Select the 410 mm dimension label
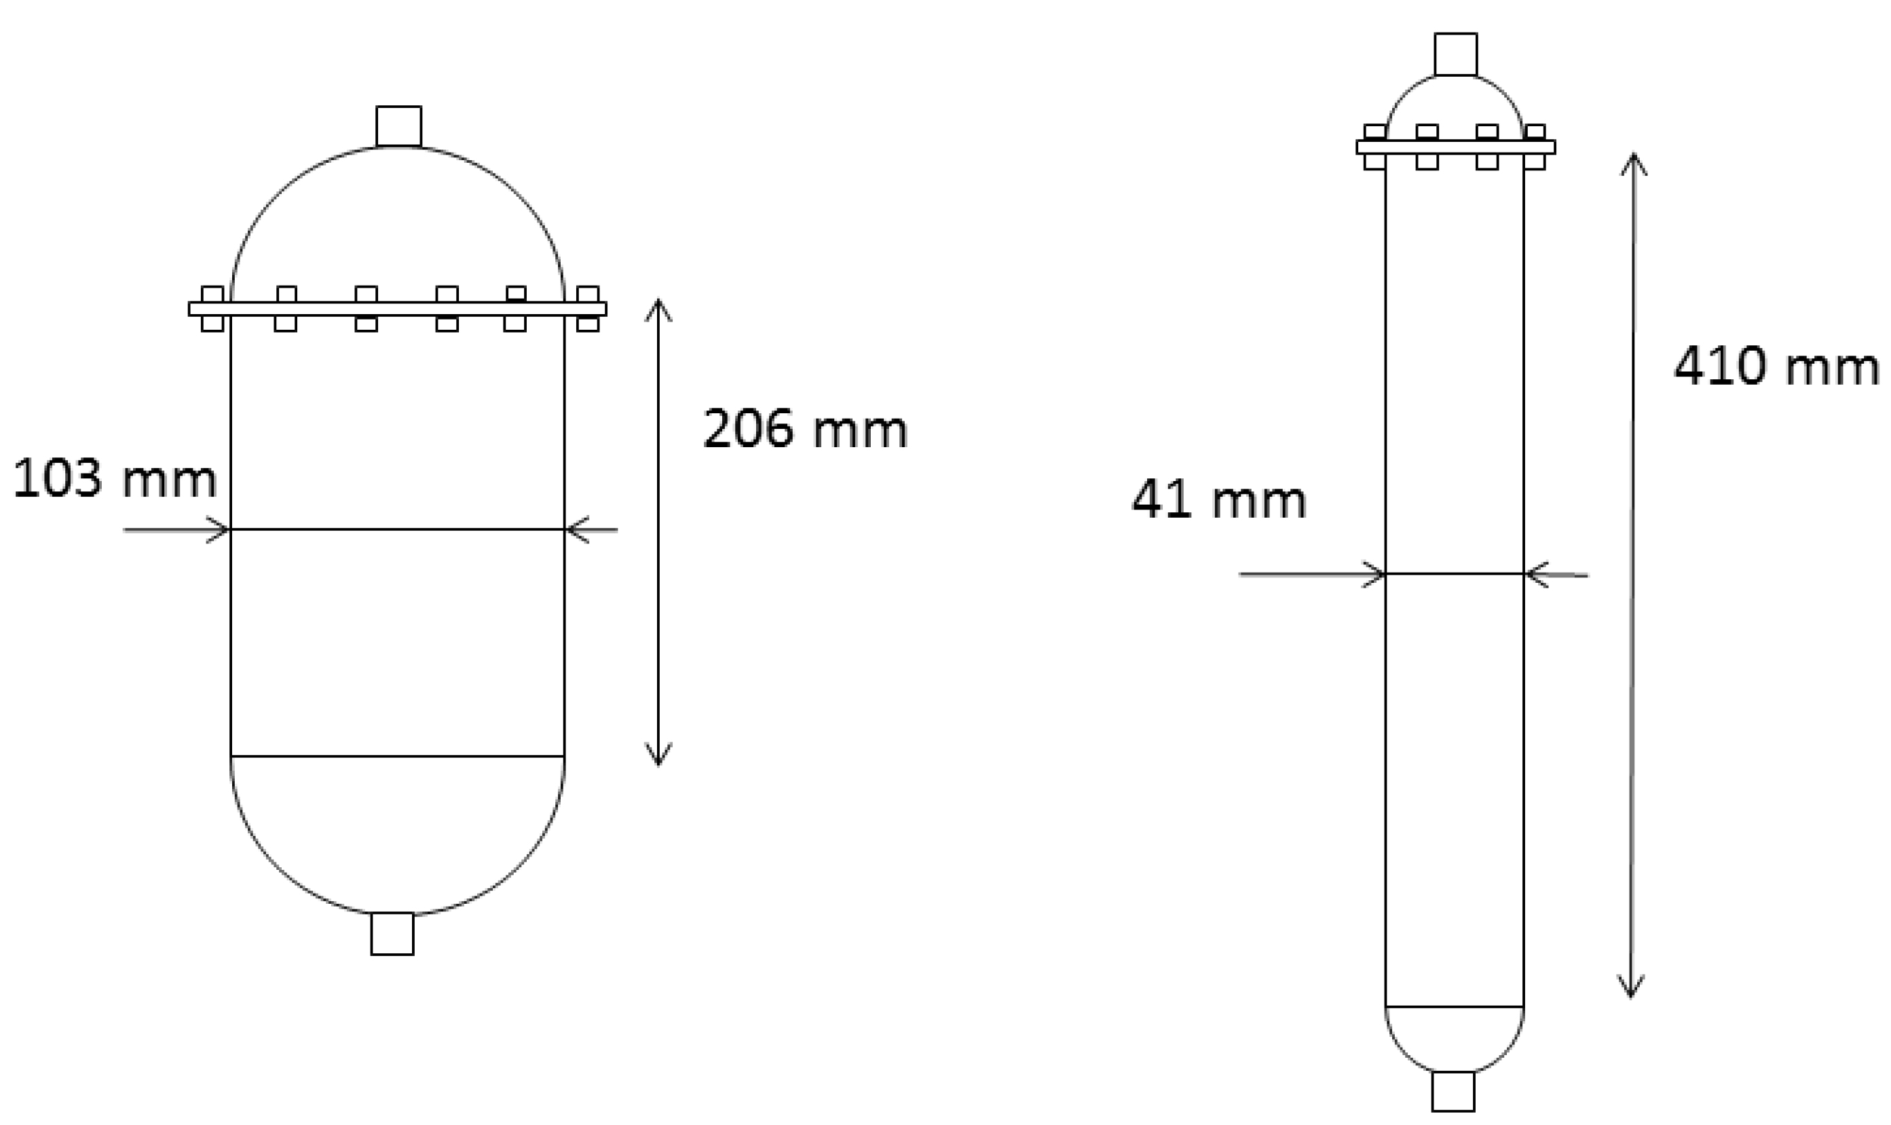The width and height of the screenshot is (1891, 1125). (1776, 368)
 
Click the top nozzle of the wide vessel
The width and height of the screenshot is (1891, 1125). (399, 126)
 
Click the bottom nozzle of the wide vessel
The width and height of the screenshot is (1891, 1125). (392, 934)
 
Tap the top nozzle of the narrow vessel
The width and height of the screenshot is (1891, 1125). (1456, 54)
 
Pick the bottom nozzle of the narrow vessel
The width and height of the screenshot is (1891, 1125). (1453, 1091)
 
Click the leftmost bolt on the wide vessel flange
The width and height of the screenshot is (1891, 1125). (212, 309)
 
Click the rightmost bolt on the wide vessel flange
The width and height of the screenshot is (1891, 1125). (588, 309)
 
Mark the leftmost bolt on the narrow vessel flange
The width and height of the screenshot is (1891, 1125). (1374, 147)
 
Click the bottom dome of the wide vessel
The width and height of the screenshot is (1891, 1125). (397, 834)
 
